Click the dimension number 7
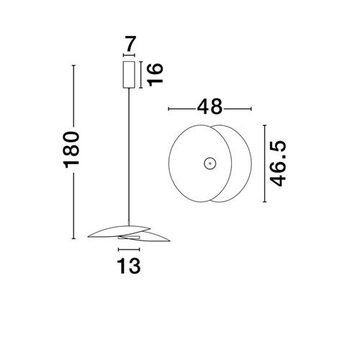point(131,44)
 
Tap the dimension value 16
point(156,75)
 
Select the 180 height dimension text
point(71,150)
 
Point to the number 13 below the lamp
point(129,266)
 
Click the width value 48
point(210,107)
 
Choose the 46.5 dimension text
point(278,163)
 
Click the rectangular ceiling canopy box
point(129,75)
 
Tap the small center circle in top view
point(210,163)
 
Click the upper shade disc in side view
point(120,230)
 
